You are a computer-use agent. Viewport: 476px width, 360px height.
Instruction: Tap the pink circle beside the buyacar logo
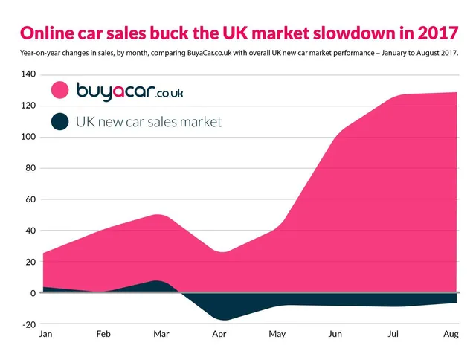click(60, 91)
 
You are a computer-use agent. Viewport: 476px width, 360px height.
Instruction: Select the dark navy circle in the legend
click(60, 121)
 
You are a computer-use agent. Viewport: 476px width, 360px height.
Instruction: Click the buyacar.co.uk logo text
click(130, 91)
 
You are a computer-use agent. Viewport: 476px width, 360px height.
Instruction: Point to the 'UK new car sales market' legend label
click(149, 121)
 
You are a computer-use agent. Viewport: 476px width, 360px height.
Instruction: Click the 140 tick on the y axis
click(28, 74)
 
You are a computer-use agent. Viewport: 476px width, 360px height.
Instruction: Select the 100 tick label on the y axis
click(28, 137)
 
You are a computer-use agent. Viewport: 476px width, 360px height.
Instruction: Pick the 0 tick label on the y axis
click(32, 293)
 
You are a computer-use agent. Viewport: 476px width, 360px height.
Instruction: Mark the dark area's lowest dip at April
click(220, 320)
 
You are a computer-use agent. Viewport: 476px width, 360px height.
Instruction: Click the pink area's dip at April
click(220, 253)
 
